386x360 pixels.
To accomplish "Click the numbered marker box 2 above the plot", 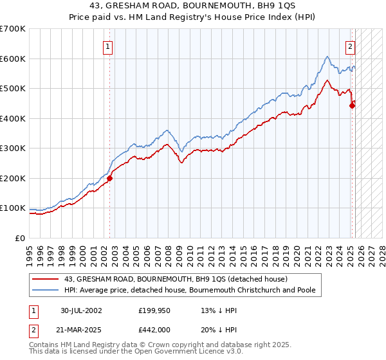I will click(x=351, y=46).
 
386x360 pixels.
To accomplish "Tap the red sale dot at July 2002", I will click(x=110, y=179).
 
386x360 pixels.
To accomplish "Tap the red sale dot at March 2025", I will click(x=353, y=106).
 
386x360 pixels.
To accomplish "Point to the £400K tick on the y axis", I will click(x=14, y=118).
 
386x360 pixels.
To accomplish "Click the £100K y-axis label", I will click(x=14, y=208).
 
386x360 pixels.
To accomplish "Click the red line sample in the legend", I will click(x=46, y=279).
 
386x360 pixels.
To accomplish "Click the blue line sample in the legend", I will click(x=46, y=290).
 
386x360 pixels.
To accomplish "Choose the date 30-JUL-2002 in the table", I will click(x=81, y=310).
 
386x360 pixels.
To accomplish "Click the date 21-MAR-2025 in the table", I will click(x=82, y=329).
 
